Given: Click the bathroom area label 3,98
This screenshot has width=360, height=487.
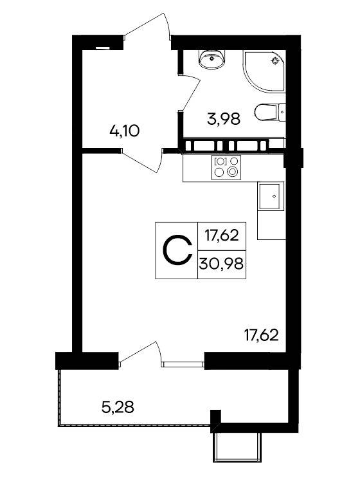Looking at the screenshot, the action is click(224, 118).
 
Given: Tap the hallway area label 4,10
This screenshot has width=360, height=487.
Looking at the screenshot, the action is click(125, 131).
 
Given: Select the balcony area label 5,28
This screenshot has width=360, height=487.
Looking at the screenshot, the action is click(118, 407).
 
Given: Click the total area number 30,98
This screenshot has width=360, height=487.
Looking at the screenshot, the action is click(221, 264).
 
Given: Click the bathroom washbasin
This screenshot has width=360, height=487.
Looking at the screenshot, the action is click(212, 59).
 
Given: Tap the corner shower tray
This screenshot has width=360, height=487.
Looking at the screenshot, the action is click(264, 71).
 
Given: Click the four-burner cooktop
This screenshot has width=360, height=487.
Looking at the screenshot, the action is click(226, 167).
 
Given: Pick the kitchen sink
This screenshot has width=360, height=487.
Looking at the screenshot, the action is click(271, 196).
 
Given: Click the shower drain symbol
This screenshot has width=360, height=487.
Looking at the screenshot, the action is click(275, 61).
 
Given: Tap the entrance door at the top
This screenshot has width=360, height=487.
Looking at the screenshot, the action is click(147, 26).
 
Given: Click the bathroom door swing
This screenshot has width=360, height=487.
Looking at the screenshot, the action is click(190, 92).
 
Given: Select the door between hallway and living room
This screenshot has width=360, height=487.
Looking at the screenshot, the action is click(142, 161).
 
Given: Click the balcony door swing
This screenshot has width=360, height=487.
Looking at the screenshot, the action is click(140, 353).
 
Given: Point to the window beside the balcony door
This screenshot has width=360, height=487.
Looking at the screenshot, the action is click(183, 364).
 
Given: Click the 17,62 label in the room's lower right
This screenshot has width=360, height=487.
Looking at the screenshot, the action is click(261, 335).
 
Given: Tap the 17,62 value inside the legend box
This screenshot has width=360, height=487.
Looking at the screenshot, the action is click(222, 235).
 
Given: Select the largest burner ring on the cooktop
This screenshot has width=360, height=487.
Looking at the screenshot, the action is click(233, 171).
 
